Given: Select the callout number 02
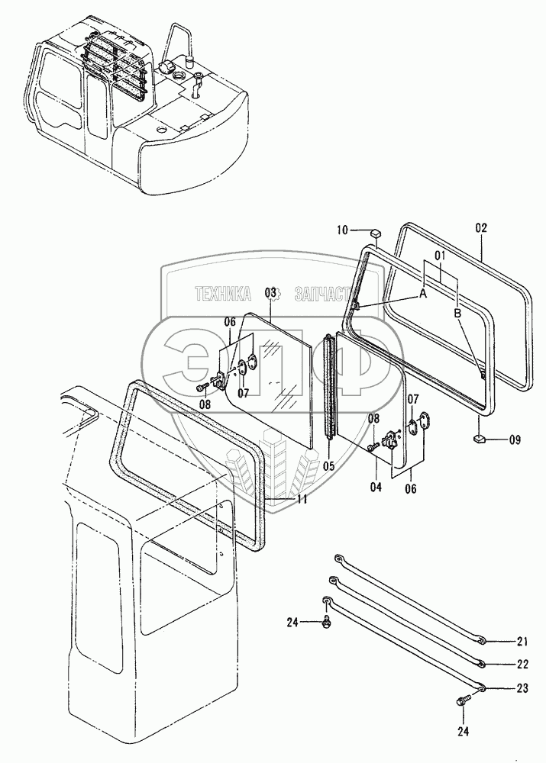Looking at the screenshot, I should [x=480, y=227].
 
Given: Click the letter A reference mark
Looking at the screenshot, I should [x=423, y=295].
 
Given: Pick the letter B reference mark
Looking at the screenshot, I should [x=457, y=313].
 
